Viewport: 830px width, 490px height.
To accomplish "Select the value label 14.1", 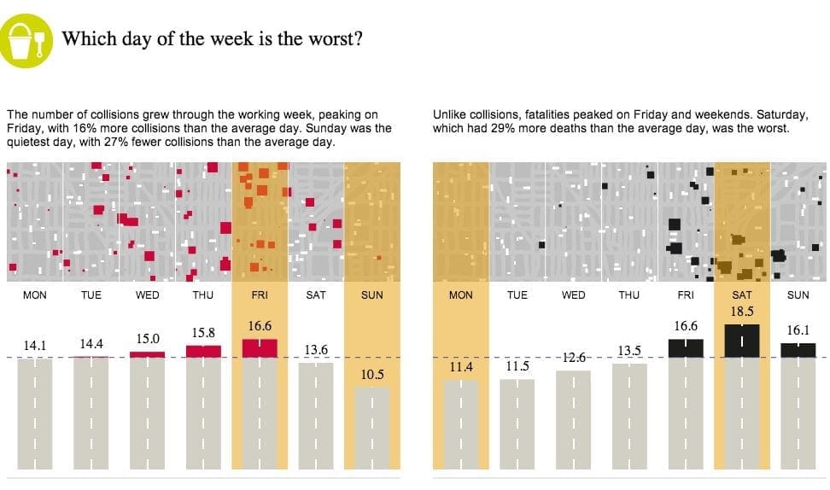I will (x=35, y=346).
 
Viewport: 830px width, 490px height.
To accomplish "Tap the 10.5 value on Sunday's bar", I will (x=371, y=374).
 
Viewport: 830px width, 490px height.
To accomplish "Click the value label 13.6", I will (x=316, y=350).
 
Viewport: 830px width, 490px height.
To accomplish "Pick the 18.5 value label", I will (x=741, y=312).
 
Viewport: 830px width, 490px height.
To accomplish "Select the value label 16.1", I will (x=798, y=330).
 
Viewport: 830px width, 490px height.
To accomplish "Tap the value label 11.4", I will (x=460, y=366).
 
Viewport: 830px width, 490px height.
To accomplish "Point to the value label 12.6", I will (x=573, y=357).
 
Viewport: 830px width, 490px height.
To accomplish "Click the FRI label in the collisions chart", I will (x=260, y=295).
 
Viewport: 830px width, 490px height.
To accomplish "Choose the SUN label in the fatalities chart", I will (x=798, y=295).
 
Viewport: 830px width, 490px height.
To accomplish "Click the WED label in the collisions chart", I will (x=147, y=295).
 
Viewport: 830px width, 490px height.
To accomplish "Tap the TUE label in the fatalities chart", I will (x=517, y=295).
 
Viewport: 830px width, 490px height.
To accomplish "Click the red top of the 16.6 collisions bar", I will (x=260, y=347).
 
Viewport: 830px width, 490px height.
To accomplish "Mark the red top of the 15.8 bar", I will (x=203, y=351).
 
